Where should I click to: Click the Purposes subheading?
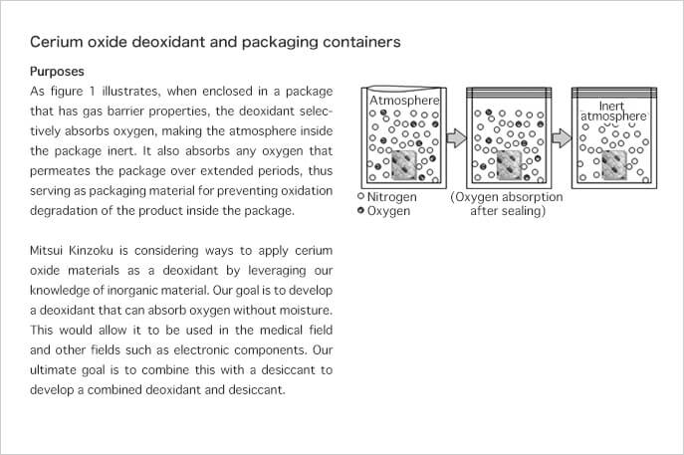point(57,71)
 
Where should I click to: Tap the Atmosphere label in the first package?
point(404,101)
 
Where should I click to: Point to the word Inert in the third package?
point(611,106)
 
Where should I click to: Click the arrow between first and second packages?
point(457,137)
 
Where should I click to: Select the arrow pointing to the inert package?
point(562,137)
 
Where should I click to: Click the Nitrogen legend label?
point(391,197)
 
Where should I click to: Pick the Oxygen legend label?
point(388,211)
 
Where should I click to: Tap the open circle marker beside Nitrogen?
point(360,196)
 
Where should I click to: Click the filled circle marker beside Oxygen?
point(360,210)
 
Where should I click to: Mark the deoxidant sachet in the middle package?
point(509,165)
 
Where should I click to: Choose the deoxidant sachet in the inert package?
point(614,165)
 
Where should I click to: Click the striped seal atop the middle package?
point(509,93)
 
